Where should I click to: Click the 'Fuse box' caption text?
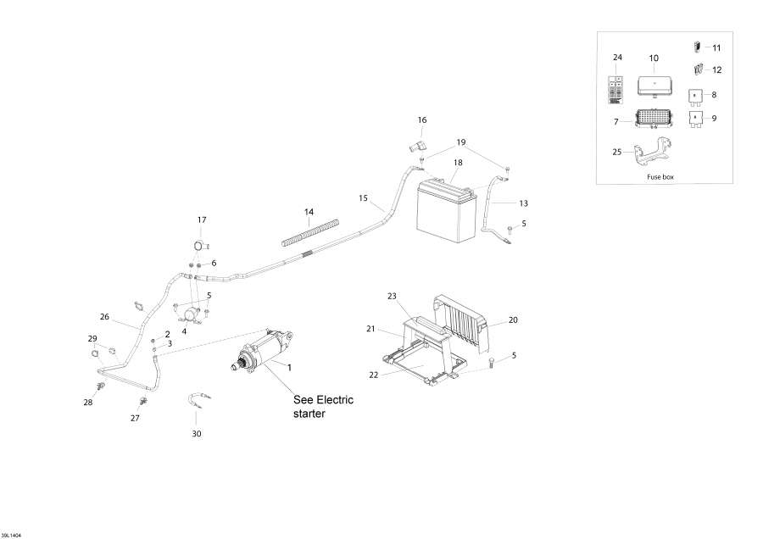pyautogui.click(x=660, y=177)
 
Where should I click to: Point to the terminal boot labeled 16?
pyautogui.click(x=416, y=147)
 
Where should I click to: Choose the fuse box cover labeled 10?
pyautogui.click(x=655, y=86)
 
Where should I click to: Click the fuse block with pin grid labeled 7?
pyautogui.click(x=654, y=119)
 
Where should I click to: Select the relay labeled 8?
pyautogui.click(x=695, y=97)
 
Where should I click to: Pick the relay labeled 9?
pyautogui.click(x=696, y=119)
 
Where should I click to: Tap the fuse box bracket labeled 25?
pyautogui.click(x=652, y=153)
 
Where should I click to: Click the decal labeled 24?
pyautogui.click(x=615, y=90)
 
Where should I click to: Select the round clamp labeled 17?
pyautogui.click(x=199, y=246)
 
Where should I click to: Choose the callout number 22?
pyautogui.click(x=373, y=375)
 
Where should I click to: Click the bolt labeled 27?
pyautogui.click(x=144, y=401)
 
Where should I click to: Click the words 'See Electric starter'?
pyautogui.click(x=323, y=407)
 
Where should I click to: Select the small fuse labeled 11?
pyautogui.click(x=696, y=47)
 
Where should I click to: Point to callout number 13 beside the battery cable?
pyautogui.click(x=524, y=203)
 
